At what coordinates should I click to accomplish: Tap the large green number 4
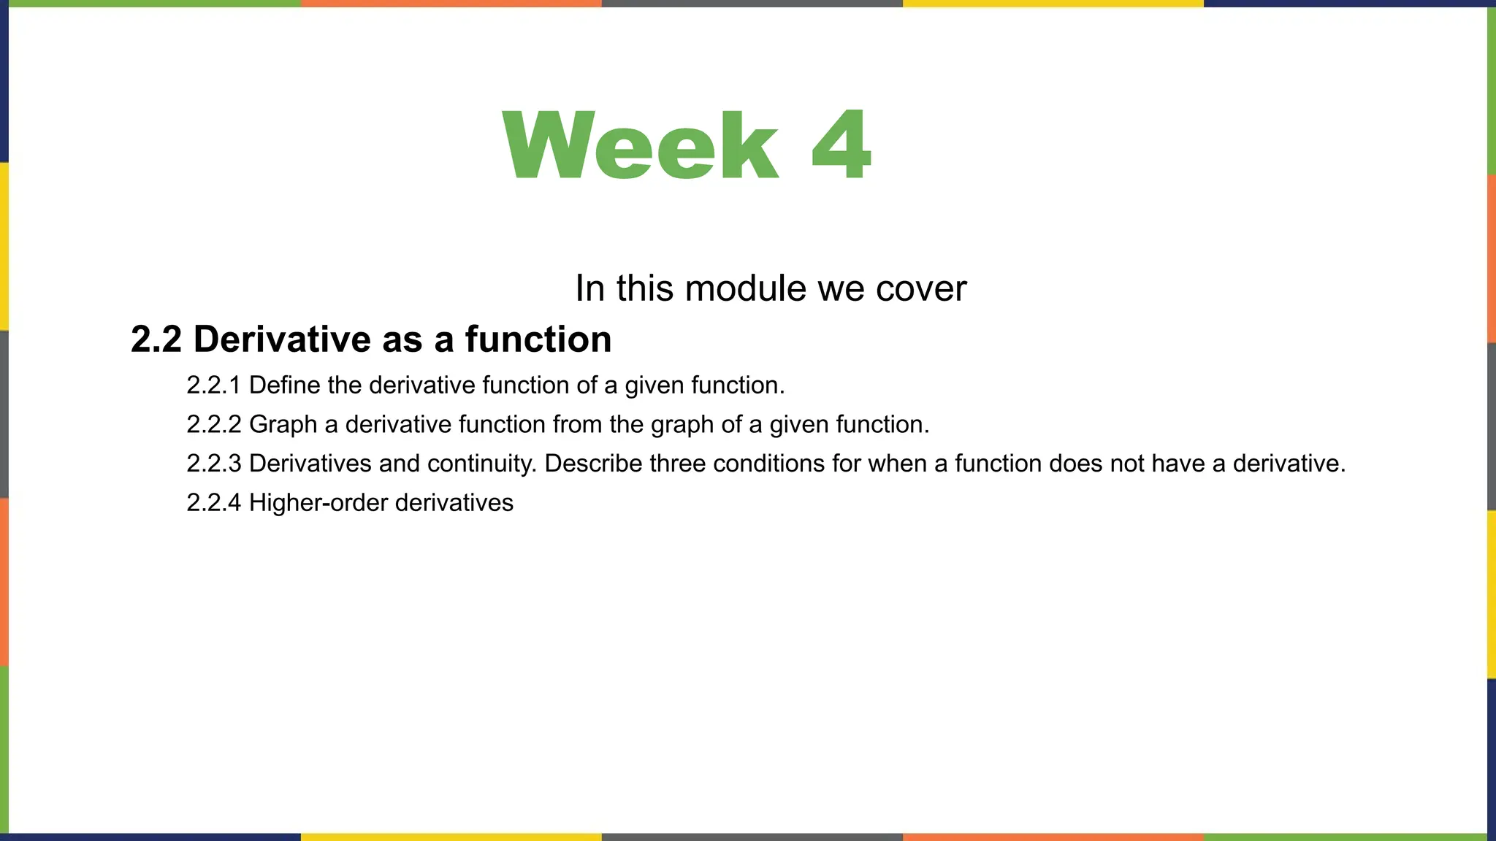pos(841,144)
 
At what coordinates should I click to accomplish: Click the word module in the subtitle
pos(746,288)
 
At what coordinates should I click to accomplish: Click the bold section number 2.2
pos(156,339)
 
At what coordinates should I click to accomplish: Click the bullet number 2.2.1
pos(213,385)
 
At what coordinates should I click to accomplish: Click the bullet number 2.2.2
pos(213,424)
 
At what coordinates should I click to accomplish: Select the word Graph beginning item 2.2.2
pos(283,424)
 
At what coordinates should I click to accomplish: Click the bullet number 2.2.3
pos(213,464)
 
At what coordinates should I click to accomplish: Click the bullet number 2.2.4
pos(213,503)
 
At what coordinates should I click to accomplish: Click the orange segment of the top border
pos(451,4)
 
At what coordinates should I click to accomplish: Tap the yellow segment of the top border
pos(1053,4)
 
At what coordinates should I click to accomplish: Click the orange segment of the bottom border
pos(1053,837)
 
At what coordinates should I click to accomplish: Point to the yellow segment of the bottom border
pos(451,837)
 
